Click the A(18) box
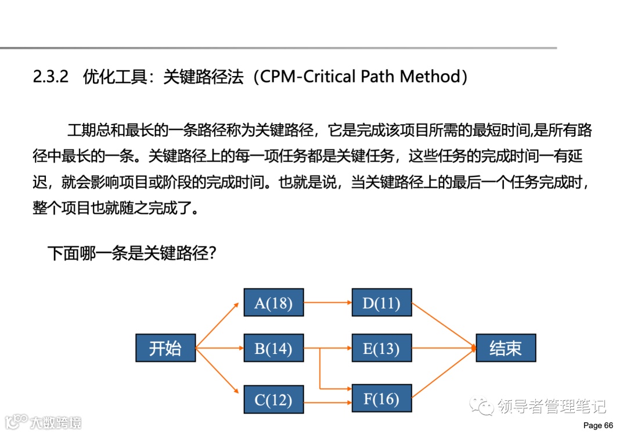pos(273,302)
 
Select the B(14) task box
pos(273,348)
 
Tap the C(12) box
pos(273,399)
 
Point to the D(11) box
pos(381,302)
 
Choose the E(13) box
pos(381,348)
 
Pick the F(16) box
pos(381,399)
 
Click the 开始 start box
pos(165,348)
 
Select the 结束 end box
pos(505,348)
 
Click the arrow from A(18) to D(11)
pos(327,302)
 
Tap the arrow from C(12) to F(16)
pos(327,401)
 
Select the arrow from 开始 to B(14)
pos(219,348)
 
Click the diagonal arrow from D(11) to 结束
pos(444,325)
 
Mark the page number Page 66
pos(597,425)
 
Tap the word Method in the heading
pos(433,77)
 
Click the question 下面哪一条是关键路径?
pos(132,253)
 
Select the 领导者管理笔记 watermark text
pos(552,407)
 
